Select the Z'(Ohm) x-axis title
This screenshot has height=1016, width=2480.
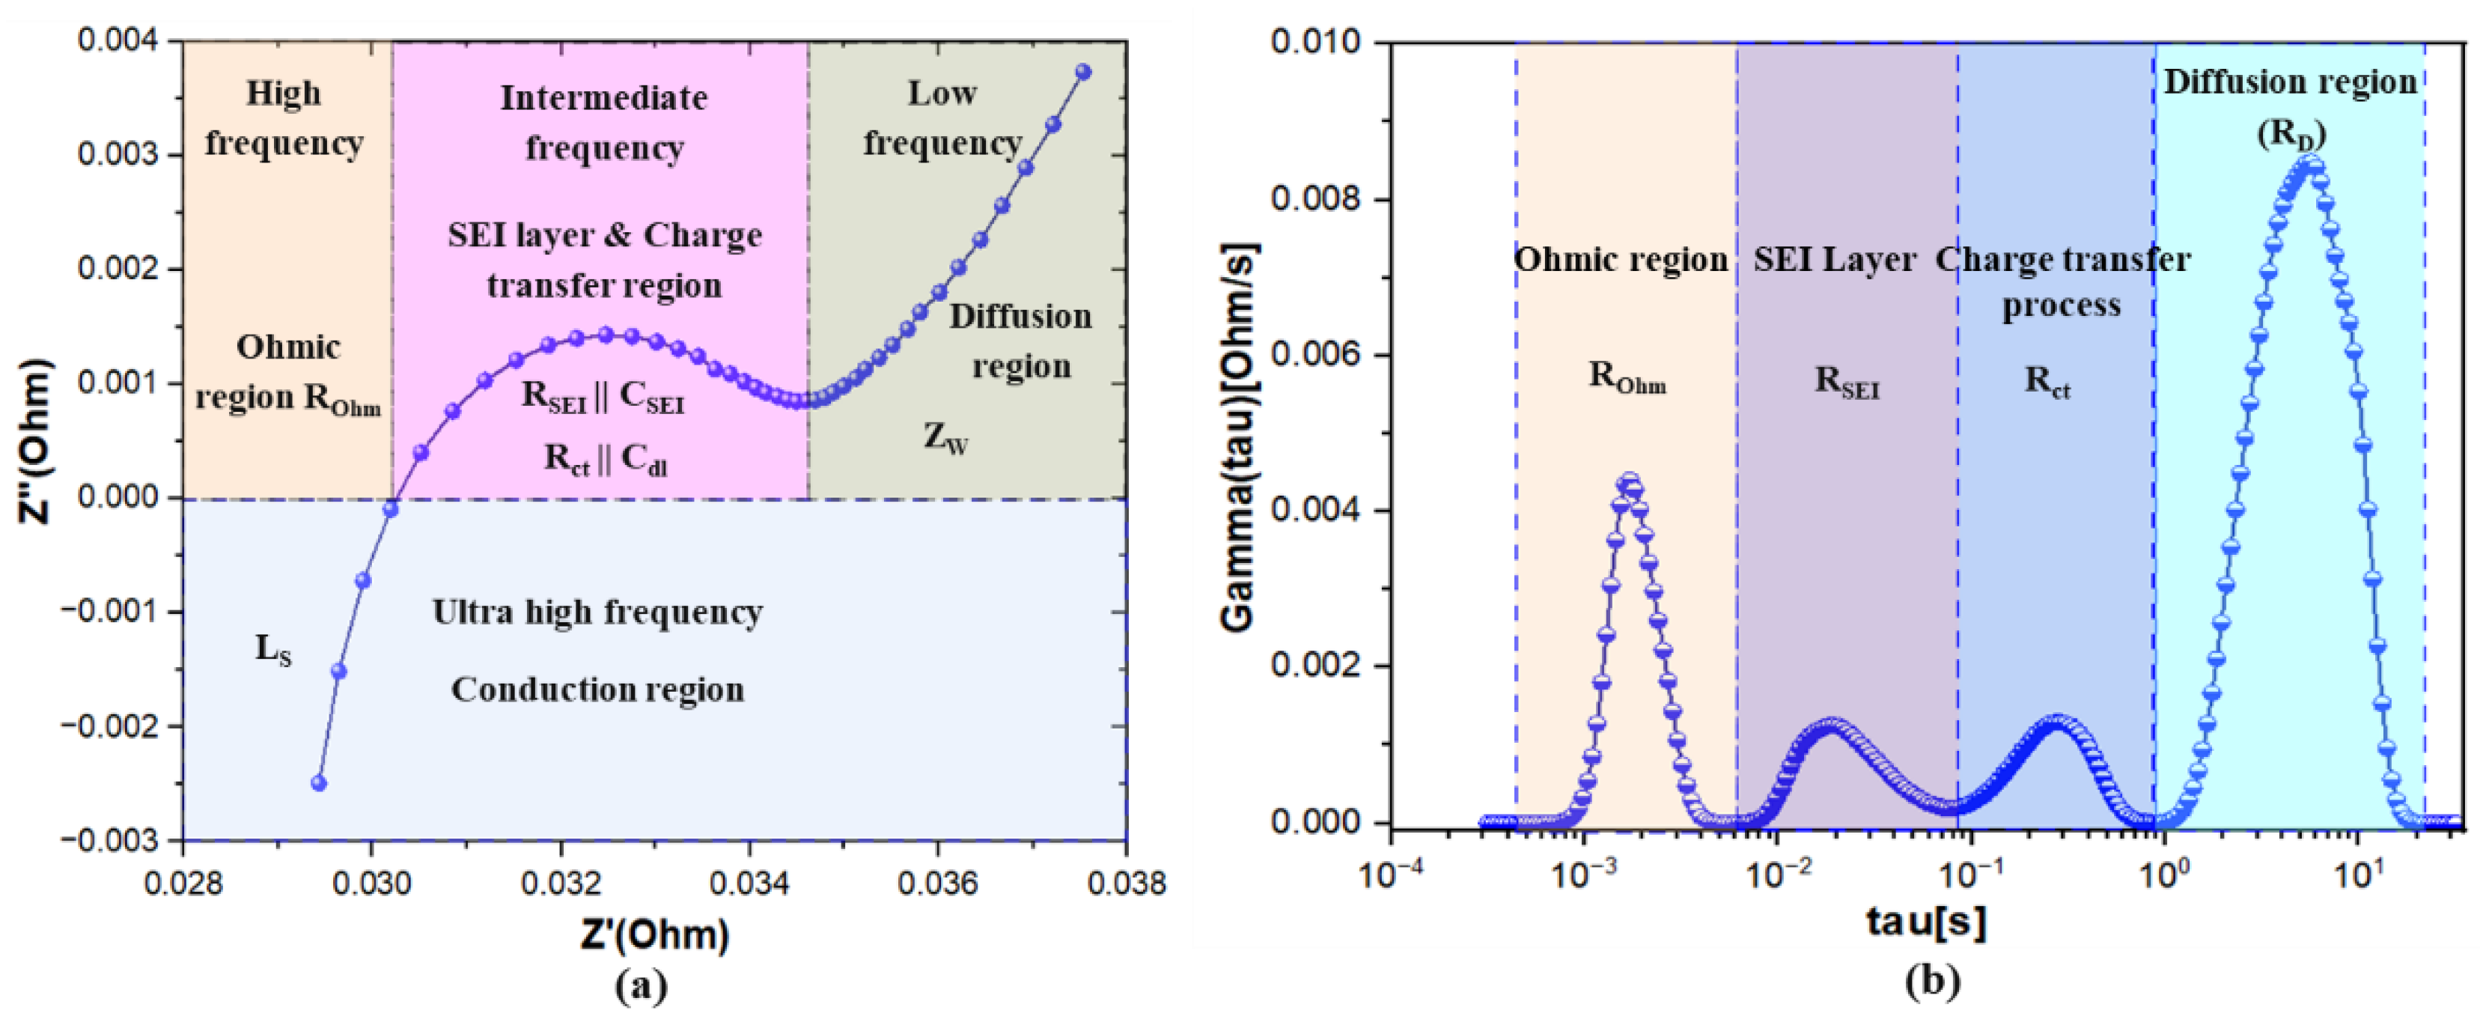click(x=655, y=934)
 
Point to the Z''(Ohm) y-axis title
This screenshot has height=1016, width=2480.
click(x=37, y=441)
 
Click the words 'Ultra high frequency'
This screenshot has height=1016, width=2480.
click(x=597, y=612)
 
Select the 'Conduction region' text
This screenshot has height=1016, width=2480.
click(x=597, y=690)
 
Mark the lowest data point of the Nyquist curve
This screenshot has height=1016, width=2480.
click(x=320, y=783)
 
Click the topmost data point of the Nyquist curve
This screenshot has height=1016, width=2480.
click(x=1083, y=71)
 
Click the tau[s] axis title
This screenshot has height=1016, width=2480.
click(x=1926, y=922)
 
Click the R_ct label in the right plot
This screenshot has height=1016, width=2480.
click(x=2047, y=383)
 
